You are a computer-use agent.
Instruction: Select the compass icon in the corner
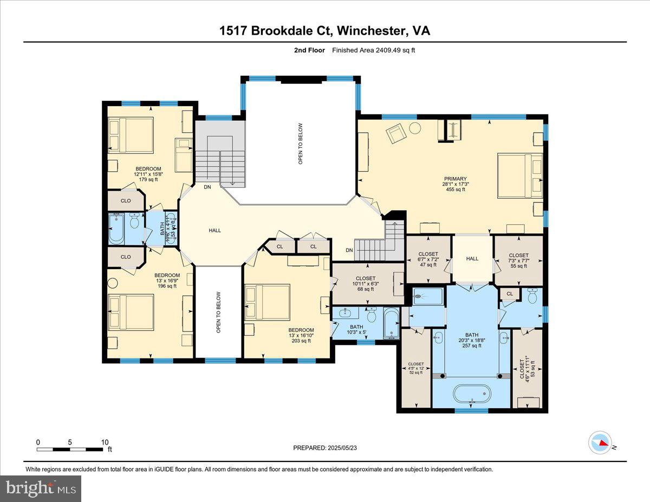tap(600, 442)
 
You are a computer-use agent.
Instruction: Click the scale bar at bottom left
tap(70, 449)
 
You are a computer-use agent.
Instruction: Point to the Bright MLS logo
tap(41, 488)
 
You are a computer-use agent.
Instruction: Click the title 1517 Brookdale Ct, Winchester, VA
tap(324, 31)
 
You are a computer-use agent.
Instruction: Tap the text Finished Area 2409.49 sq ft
tap(373, 50)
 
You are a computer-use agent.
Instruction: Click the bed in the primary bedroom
tap(520, 176)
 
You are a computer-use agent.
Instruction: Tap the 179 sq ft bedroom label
tap(148, 174)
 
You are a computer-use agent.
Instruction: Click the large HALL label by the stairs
tap(214, 231)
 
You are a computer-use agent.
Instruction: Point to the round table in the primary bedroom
tap(415, 128)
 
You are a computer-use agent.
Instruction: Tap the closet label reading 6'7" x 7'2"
tap(428, 259)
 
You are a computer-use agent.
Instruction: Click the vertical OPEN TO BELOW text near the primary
tap(300, 144)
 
